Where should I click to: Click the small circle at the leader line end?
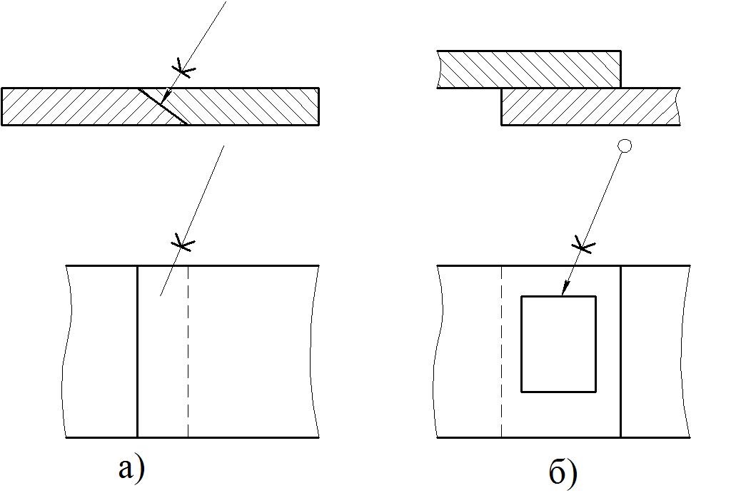tap(624, 146)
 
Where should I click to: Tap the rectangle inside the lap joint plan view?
tap(558, 296)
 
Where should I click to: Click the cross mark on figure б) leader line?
tap(583, 245)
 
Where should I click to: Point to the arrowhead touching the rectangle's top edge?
tap(565, 290)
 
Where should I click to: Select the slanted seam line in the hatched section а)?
tap(163, 106)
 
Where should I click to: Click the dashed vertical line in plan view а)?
tap(188, 351)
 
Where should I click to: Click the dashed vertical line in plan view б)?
tap(502, 351)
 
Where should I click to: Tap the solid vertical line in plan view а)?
tap(138, 351)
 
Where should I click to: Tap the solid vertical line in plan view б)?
tap(621, 351)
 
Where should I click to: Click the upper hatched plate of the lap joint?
tap(529, 69)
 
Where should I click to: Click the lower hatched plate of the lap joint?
tap(590, 106)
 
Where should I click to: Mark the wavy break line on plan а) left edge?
tap(67, 351)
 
